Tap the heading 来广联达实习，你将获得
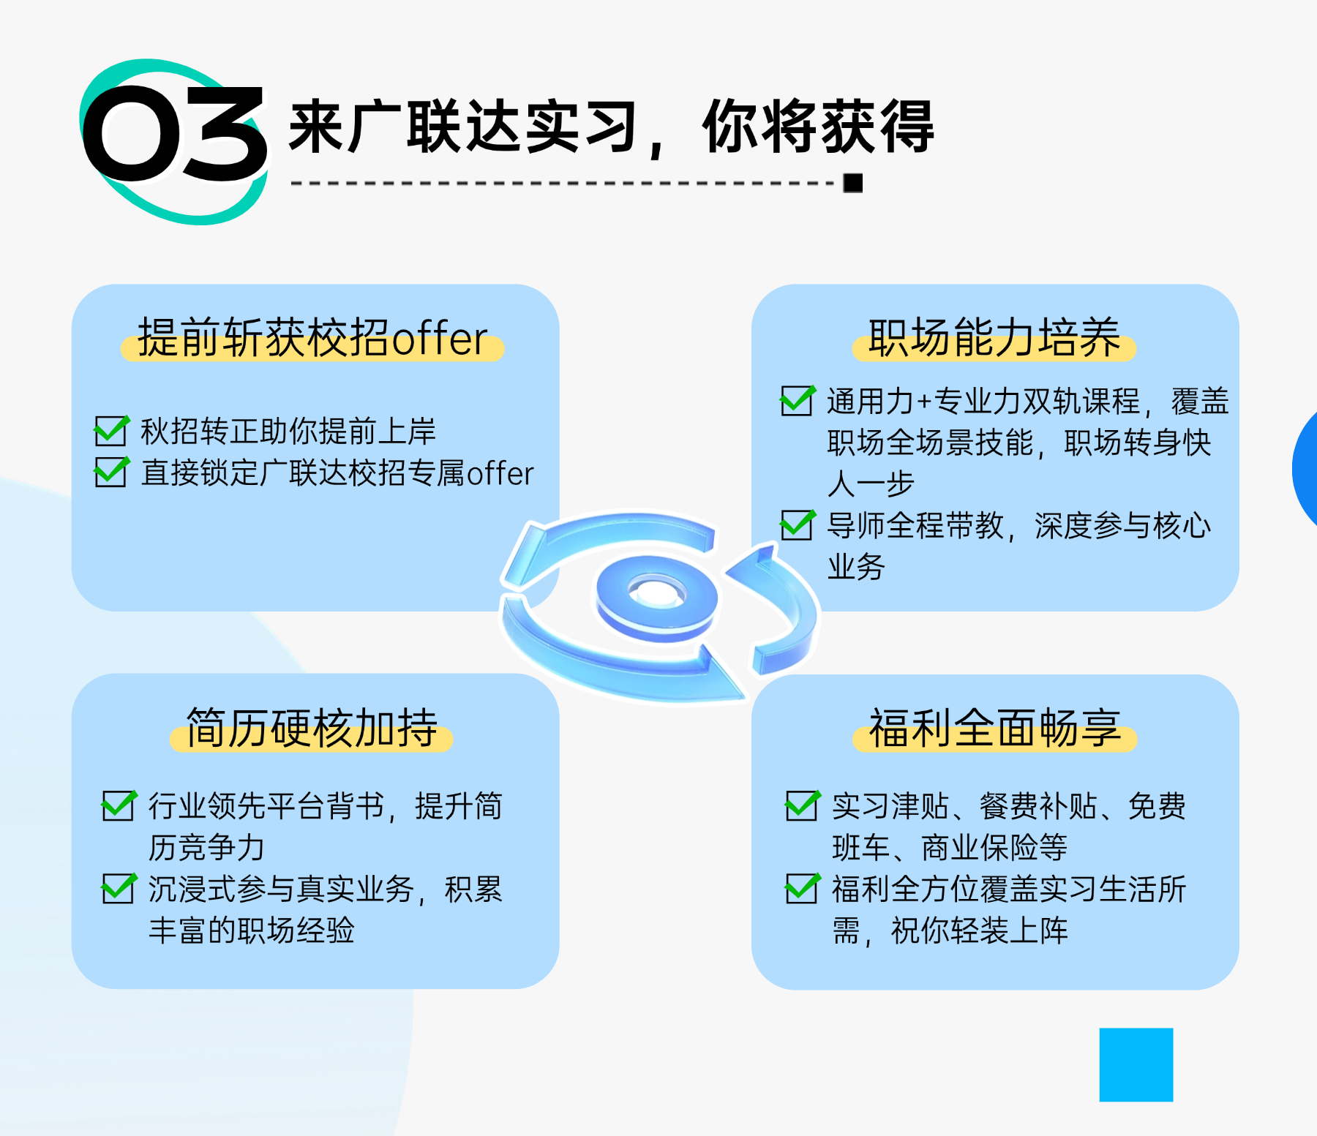point(612,127)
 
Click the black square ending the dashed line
point(852,183)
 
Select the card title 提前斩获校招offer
point(312,338)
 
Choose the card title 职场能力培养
point(994,338)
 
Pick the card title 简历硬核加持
point(312,728)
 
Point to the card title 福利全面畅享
point(994,728)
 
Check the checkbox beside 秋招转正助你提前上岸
point(112,430)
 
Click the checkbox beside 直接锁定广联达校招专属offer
point(112,472)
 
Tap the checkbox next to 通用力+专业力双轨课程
point(798,400)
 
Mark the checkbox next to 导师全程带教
point(798,524)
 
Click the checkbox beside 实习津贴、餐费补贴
point(803,805)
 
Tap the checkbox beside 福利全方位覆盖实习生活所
point(803,888)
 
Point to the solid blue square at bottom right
point(1136,1064)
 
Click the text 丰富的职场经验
point(252,930)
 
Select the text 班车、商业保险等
point(950,848)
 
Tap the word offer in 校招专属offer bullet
point(500,473)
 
